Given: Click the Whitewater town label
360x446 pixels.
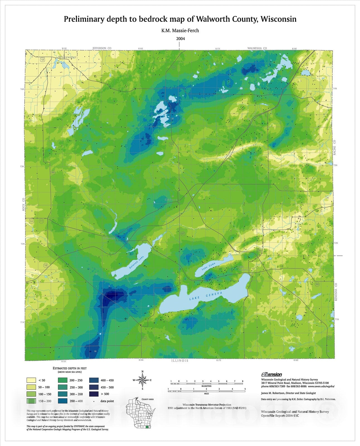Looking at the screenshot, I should (67, 57).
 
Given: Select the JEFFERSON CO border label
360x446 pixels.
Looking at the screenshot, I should (102, 48).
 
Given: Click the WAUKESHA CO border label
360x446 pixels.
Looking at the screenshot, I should (257, 48).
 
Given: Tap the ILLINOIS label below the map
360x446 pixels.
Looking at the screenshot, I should (180, 360).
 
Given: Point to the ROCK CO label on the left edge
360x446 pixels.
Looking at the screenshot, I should (23, 204).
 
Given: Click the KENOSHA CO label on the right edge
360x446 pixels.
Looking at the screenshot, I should (336, 292).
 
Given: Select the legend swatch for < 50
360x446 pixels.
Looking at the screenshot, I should (31, 380).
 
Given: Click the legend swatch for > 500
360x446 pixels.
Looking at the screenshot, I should (94, 394).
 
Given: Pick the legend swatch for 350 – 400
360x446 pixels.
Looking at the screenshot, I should (62, 401).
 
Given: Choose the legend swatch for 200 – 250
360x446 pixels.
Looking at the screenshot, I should (62, 380).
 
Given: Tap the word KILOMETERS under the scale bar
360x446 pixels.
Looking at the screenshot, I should (207, 386).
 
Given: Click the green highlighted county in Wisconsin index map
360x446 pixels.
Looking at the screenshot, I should (148, 427).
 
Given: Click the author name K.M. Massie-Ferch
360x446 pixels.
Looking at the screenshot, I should (180, 30).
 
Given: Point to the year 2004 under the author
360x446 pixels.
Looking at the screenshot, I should (180, 38).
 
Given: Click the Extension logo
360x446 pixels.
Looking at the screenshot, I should (271, 374).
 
